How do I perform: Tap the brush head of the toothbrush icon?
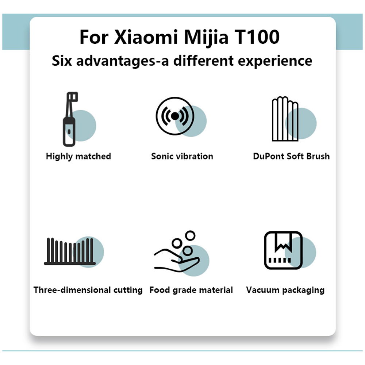(x=72, y=97)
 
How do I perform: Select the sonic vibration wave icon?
(x=175, y=116)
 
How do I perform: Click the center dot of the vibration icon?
(x=175, y=116)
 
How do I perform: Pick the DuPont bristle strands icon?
(x=285, y=119)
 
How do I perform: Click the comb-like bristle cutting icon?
(x=70, y=251)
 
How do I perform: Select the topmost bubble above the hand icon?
(x=190, y=235)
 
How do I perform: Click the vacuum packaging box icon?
(x=283, y=250)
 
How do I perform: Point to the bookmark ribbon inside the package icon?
(x=283, y=243)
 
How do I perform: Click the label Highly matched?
(x=78, y=157)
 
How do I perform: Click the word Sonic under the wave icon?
(x=162, y=157)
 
